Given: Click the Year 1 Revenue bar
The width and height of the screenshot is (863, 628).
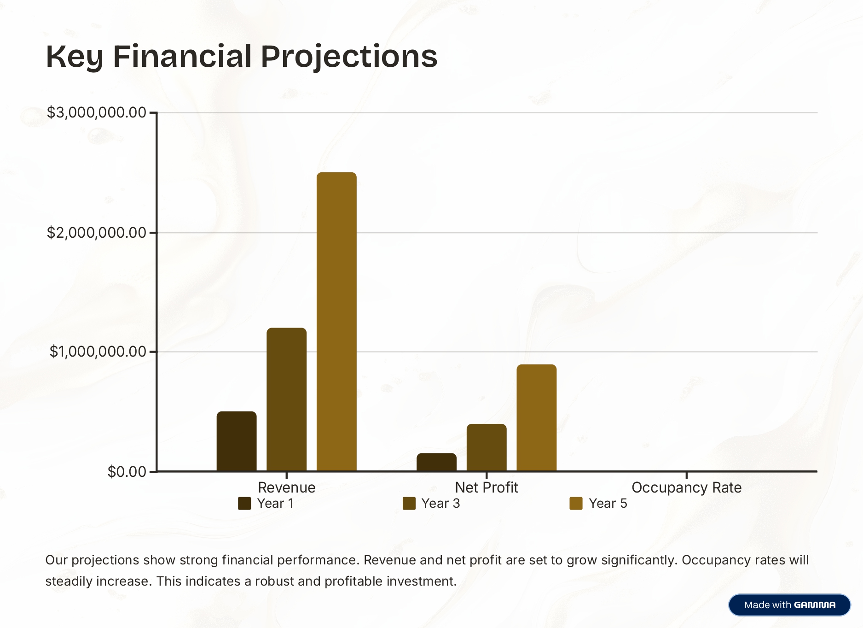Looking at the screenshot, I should coord(237,441).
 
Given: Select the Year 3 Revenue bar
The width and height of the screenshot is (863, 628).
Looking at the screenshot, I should coord(286,399).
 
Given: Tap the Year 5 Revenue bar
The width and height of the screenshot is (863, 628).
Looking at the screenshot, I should coord(336,322).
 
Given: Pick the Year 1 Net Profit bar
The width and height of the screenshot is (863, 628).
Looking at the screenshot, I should coord(436,462).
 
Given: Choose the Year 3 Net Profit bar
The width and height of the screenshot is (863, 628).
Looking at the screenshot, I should coord(487,447).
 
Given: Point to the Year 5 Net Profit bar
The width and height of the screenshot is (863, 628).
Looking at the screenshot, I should coord(536,417).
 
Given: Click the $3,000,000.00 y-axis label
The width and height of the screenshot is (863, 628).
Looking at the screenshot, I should coord(96,112).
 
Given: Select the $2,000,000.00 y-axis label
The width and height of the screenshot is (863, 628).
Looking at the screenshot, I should coord(96,233).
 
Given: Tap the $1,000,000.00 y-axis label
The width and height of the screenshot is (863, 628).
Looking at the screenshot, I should coord(98,352).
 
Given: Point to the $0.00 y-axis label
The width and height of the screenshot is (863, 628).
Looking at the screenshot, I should coord(127,472).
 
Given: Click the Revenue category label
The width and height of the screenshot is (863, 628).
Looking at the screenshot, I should coord(286,487).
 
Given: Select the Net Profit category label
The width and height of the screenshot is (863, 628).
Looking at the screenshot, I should coord(486,487).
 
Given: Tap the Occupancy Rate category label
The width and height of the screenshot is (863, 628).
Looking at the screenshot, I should coord(686,487).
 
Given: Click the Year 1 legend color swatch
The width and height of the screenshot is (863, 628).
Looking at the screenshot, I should coord(244,504).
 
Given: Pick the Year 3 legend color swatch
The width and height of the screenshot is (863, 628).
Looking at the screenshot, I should coord(409,504).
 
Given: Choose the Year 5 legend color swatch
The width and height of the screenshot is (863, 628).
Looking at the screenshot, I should coord(576,504).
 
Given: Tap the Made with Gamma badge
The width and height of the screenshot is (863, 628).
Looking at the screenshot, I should coord(789,605).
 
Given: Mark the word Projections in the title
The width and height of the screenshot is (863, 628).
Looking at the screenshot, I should coord(349,57).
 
